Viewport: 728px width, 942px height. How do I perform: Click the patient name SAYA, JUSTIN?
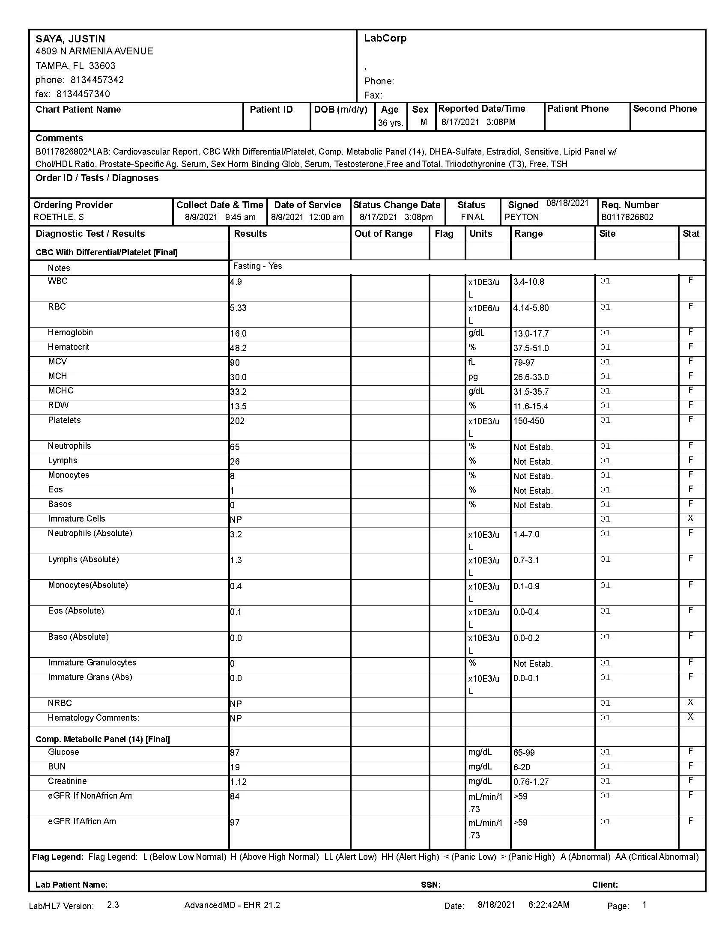click(70, 39)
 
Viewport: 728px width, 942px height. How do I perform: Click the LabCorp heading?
click(385, 39)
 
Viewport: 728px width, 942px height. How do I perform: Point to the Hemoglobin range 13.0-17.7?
click(531, 334)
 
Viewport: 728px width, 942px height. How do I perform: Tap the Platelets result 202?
click(237, 421)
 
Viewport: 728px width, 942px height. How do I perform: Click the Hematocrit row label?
click(69, 347)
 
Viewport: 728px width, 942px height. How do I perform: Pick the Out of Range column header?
click(383, 234)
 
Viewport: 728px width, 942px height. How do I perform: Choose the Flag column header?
click(444, 234)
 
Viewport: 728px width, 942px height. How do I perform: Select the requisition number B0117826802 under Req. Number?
click(627, 218)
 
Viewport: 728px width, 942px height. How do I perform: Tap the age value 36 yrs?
click(390, 123)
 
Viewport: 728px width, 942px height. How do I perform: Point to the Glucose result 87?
click(235, 753)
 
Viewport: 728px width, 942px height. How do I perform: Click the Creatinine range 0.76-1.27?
click(531, 782)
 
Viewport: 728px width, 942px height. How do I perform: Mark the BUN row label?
click(57, 767)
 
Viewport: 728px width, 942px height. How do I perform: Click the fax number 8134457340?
click(83, 94)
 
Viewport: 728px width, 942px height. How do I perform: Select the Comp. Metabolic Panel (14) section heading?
click(103, 739)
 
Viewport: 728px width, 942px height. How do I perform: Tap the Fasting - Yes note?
click(257, 266)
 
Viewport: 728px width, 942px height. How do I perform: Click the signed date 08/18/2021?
click(567, 203)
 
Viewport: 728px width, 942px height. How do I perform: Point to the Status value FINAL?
click(472, 218)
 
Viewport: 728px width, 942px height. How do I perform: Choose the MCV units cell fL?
click(472, 362)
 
